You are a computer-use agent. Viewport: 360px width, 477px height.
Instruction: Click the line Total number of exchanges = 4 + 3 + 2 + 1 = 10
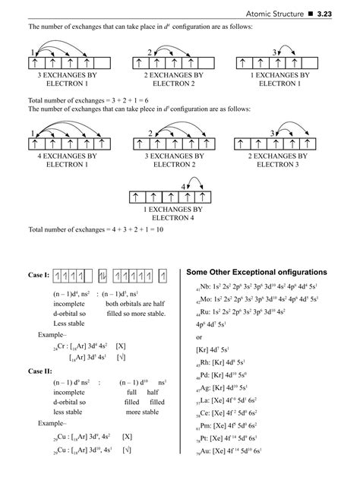tap(106, 230)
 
